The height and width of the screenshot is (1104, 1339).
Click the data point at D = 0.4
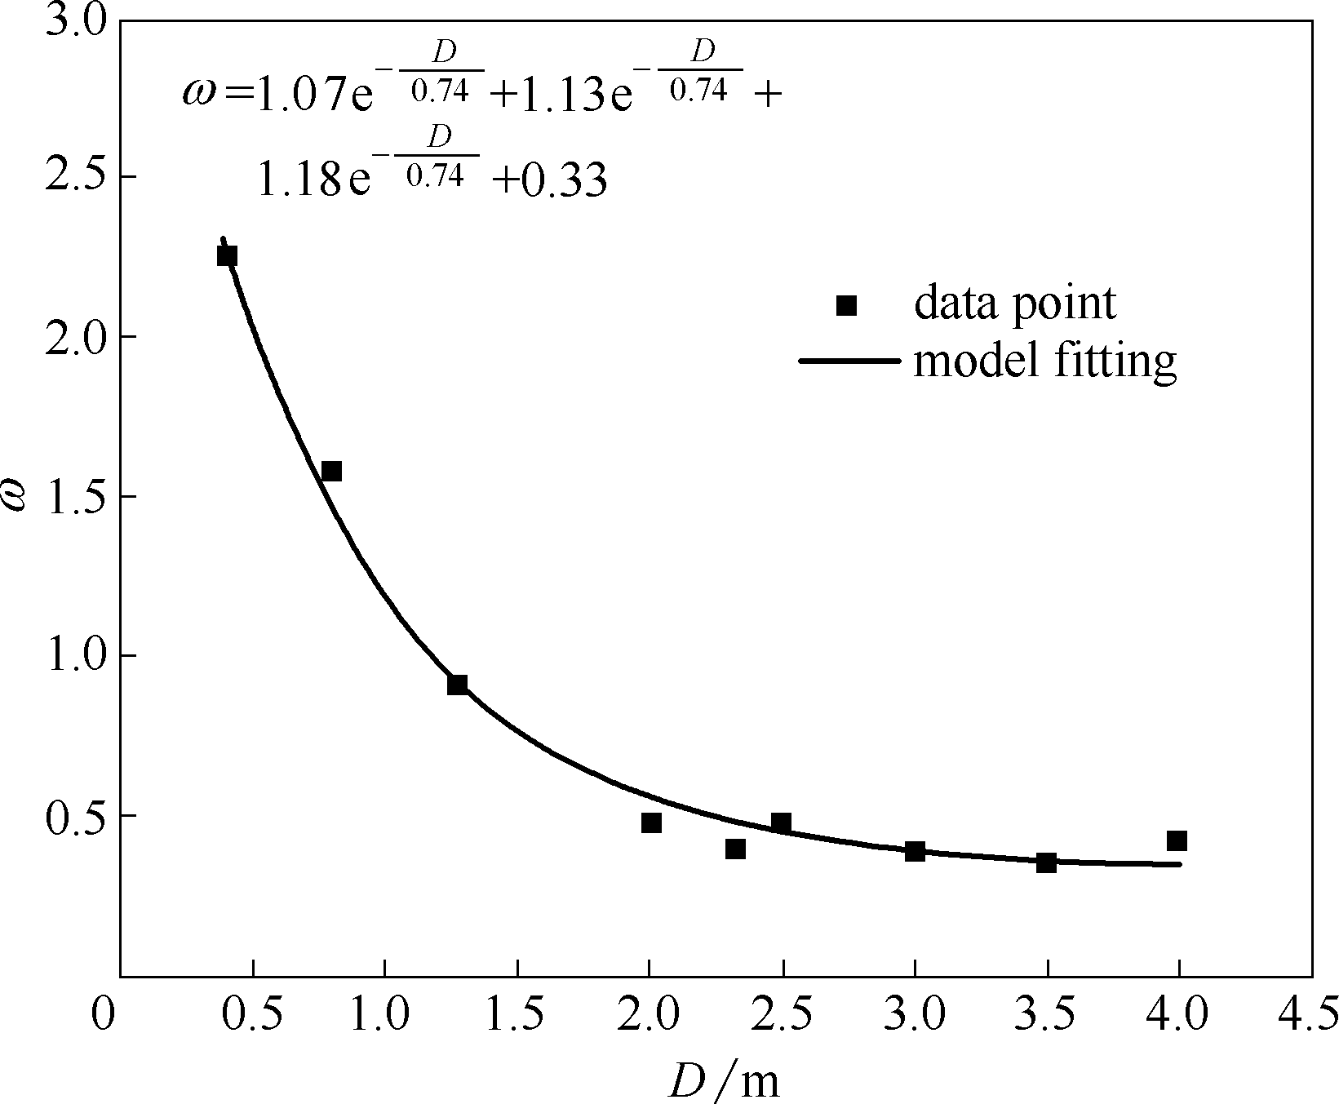tap(227, 256)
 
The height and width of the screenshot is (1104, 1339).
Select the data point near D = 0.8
tap(331, 472)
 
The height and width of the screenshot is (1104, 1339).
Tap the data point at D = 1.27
tap(457, 685)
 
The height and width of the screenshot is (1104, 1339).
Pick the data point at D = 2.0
tap(651, 822)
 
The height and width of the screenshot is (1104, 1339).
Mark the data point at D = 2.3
tap(735, 849)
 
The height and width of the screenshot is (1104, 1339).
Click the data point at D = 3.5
tap(1046, 862)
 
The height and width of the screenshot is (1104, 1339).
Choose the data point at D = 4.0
tap(1177, 840)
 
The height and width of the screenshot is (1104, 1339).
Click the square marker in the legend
tap(847, 305)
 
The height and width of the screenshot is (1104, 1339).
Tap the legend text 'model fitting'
tap(1045, 360)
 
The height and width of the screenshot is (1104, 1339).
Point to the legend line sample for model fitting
tap(849, 360)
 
